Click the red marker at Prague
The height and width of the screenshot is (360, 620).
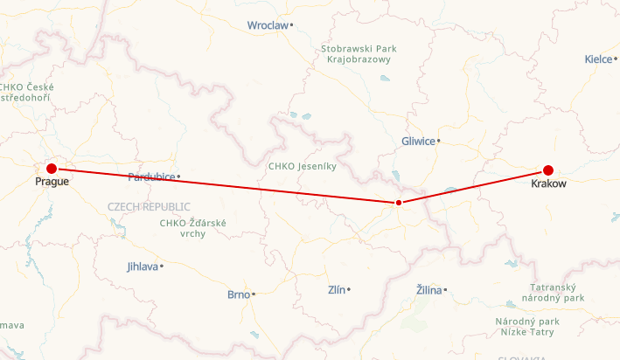52,169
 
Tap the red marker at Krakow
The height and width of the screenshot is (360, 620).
548,170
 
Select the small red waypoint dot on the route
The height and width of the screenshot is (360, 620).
399,203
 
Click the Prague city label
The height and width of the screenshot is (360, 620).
52,182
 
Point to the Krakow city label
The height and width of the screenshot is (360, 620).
549,183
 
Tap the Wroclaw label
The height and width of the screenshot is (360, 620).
268,25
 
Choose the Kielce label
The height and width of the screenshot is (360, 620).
599,59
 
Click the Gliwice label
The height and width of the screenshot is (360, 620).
418,141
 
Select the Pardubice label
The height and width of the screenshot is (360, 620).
151,177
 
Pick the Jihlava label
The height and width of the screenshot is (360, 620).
143,266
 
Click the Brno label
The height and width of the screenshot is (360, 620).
238,294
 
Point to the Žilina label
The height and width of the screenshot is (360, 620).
428,289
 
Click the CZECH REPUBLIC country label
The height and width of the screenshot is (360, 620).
149,206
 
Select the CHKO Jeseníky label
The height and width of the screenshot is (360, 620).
302,165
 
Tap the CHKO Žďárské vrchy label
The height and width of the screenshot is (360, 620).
193,229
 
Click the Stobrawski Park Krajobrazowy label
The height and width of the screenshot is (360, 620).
360,54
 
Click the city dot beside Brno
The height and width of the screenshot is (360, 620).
254,294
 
